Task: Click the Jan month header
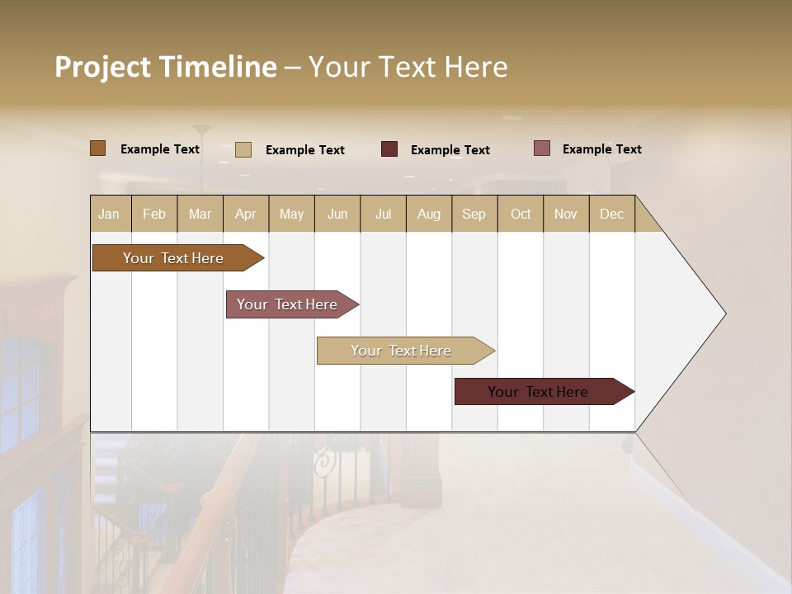click(x=110, y=214)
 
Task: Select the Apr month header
click(x=246, y=214)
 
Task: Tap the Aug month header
click(x=429, y=214)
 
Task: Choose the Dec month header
click(x=611, y=214)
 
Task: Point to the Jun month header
click(x=337, y=214)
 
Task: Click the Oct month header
click(x=521, y=214)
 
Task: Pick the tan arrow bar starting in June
click(x=402, y=351)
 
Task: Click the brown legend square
click(x=97, y=148)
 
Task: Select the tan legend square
click(x=243, y=149)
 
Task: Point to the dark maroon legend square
click(x=389, y=149)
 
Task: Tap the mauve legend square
click(x=541, y=148)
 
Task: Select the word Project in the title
click(x=103, y=67)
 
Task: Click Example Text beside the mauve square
click(x=601, y=149)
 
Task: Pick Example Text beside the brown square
click(x=160, y=149)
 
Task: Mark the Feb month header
click(x=154, y=214)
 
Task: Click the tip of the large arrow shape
click(x=724, y=313)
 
